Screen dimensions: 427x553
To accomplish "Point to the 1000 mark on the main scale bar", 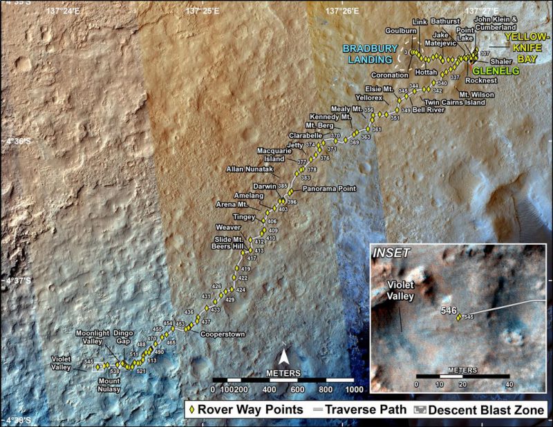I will coord(353,390).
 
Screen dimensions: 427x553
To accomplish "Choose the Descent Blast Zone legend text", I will coord(489,409).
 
